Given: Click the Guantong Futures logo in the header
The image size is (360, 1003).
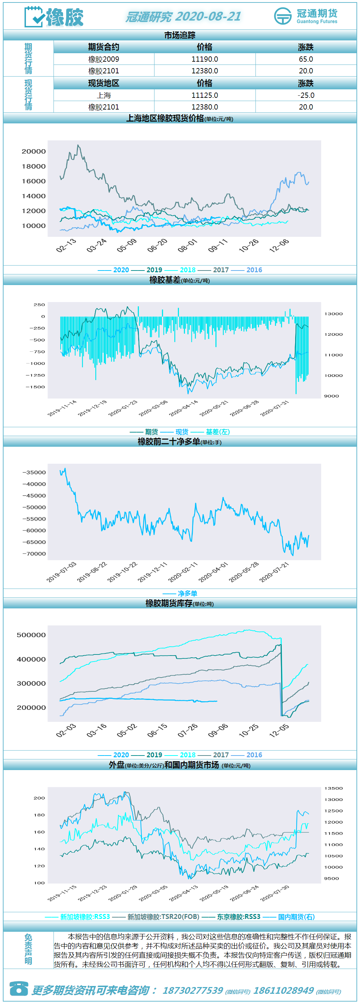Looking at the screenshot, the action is [x=305, y=16].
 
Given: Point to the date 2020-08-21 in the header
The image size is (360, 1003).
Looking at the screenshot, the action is [x=208, y=16].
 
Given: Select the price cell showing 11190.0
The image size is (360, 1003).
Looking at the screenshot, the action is [x=205, y=59].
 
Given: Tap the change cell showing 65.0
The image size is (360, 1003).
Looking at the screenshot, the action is [x=306, y=59].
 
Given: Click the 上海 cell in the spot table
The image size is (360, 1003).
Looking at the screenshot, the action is [x=104, y=95].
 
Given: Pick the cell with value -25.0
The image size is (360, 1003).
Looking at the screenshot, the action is [x=306, y=95].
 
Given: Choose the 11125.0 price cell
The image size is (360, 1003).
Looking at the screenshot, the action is [x=205, y=95].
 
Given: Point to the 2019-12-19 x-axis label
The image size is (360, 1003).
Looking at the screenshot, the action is [x=92, y=408].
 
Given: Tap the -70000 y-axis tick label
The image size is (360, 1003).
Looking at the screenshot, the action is [x=34, y=554].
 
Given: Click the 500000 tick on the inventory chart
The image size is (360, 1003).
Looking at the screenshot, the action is [x=31, y=635].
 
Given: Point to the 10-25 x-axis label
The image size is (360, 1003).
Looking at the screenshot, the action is [x=249, y=730].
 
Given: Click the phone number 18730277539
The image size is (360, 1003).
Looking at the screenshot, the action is [x=193, y=991].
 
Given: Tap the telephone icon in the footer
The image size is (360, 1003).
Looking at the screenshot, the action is [x=19, y=988].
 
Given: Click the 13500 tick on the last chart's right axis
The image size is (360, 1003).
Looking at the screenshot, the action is [x=333, y=789].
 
